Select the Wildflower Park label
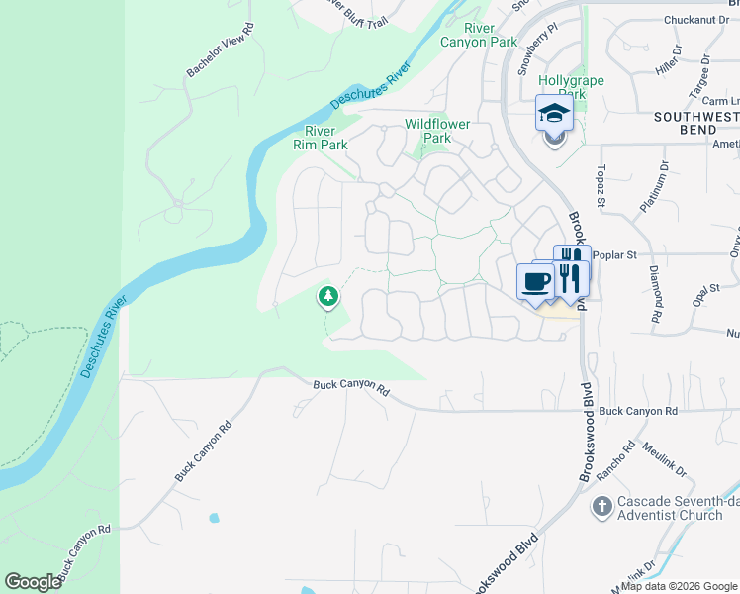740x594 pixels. coord(437,131)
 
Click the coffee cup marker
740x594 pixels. coord(535,280)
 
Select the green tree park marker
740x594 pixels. coord(327,296)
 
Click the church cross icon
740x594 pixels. coord(601,508)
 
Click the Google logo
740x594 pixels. coord(34,582)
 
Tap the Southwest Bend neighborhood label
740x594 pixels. coord(696,124)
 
